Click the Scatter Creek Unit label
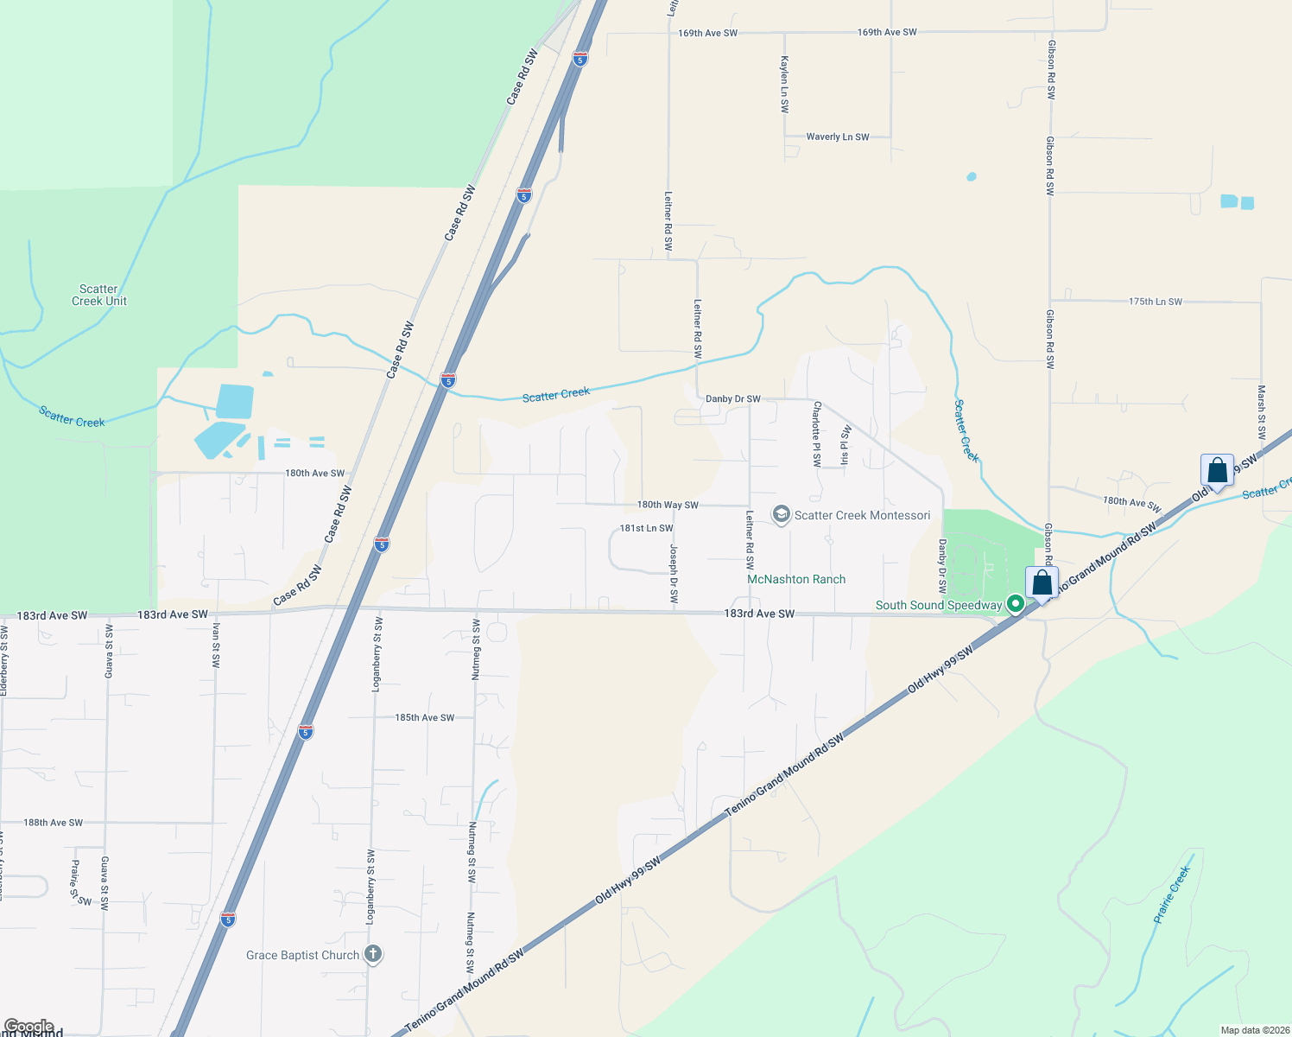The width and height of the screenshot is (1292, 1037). tap(98, 296)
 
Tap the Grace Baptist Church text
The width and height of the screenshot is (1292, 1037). tap(302, 955)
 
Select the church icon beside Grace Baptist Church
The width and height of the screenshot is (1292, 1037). tap(373, 954)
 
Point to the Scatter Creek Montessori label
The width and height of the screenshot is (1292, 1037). tap(862, 515)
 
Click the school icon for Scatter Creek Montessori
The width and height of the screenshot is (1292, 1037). tap(782, 515)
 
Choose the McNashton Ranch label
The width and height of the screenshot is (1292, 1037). tap(796, 579)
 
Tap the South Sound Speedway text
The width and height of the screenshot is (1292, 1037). tap(939, 605)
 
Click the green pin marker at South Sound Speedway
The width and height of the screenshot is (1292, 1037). tap(1016, 604)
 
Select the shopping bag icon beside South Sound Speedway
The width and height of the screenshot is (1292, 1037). tap(1042, 584)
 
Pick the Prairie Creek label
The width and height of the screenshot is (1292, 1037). tap(1172, 894)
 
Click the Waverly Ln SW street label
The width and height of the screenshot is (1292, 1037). tap(838, 137)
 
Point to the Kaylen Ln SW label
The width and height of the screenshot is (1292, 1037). tap(784, 85)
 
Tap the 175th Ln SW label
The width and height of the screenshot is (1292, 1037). tap(1156, 302)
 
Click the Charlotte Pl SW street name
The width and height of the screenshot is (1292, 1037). tap(816, 434)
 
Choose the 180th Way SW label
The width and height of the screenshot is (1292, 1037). tap(668, 505)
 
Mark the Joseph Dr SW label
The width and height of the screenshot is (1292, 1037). tap(674, 574)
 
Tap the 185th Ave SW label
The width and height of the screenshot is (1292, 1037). tap(425, 717)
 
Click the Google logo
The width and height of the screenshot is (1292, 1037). tap(28, 1027)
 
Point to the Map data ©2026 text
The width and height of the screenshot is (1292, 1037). tap(1254, 1030)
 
